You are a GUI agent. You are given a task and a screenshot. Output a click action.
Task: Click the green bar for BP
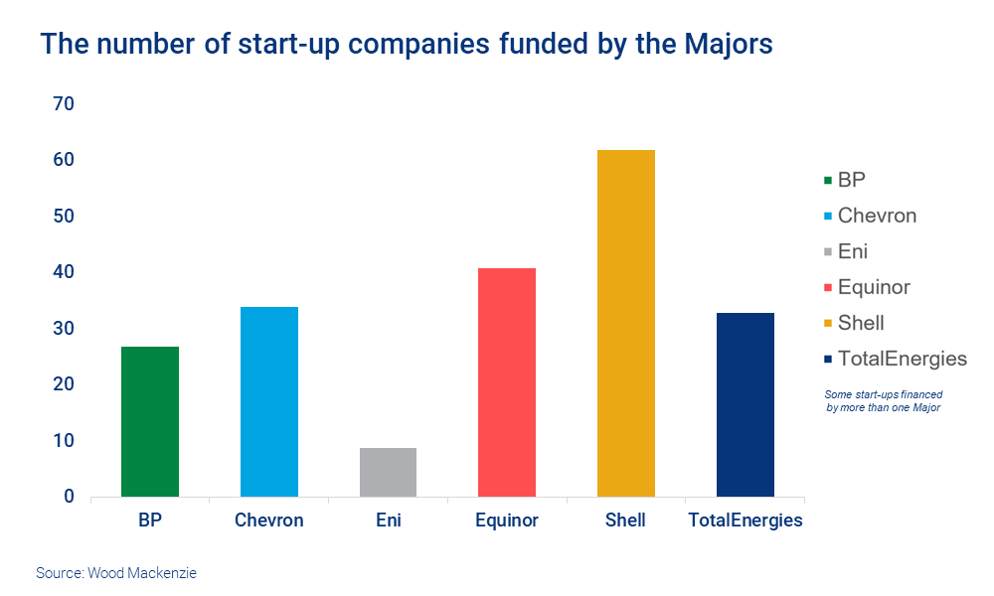point(149,421)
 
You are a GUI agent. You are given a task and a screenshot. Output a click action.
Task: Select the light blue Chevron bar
point(268,401)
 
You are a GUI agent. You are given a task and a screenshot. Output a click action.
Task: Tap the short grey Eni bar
point(388,472)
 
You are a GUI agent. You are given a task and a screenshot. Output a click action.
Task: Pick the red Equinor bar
point(507,382)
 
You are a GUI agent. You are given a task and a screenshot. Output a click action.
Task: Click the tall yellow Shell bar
point(626,323)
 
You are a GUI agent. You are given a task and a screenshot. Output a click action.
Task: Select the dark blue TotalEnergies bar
point(745,404)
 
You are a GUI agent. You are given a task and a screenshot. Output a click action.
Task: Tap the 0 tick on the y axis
point(68,497)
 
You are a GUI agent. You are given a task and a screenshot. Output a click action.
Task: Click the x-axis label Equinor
point(507,521)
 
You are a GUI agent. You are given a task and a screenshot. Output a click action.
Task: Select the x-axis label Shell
point(626,521)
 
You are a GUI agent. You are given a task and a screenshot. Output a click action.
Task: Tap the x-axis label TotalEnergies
point(745,521)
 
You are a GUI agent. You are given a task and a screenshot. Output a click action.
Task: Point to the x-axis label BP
point(149,521)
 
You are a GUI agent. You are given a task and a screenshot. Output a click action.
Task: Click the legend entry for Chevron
point(877,216)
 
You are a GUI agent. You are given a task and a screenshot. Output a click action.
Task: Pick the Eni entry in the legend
point(853,251)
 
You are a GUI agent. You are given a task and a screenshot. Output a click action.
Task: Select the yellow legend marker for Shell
point(827,324)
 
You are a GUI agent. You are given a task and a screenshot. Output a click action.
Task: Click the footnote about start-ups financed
point(883,401)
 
